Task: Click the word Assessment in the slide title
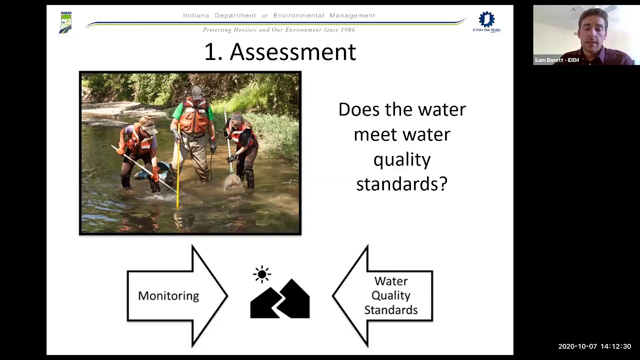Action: [x=292, y=52]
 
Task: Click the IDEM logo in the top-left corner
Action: [x=65, y=22]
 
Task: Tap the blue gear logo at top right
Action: [x=486, y=19]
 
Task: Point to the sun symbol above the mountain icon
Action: [x=262, y=274]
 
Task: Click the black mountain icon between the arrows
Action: [x=280, y=300]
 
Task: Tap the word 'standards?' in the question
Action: [x=401, y=184]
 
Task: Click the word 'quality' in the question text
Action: [x=402, y=159]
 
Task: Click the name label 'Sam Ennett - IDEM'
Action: [x=556, y=60]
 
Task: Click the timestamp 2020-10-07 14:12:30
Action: [x=594, y=346]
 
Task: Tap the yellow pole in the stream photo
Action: [x=178, y=170]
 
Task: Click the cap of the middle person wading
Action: [x=197, y=91]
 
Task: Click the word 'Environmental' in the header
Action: [x=302, y=15]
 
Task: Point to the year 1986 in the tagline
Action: [x=347, y=30]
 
